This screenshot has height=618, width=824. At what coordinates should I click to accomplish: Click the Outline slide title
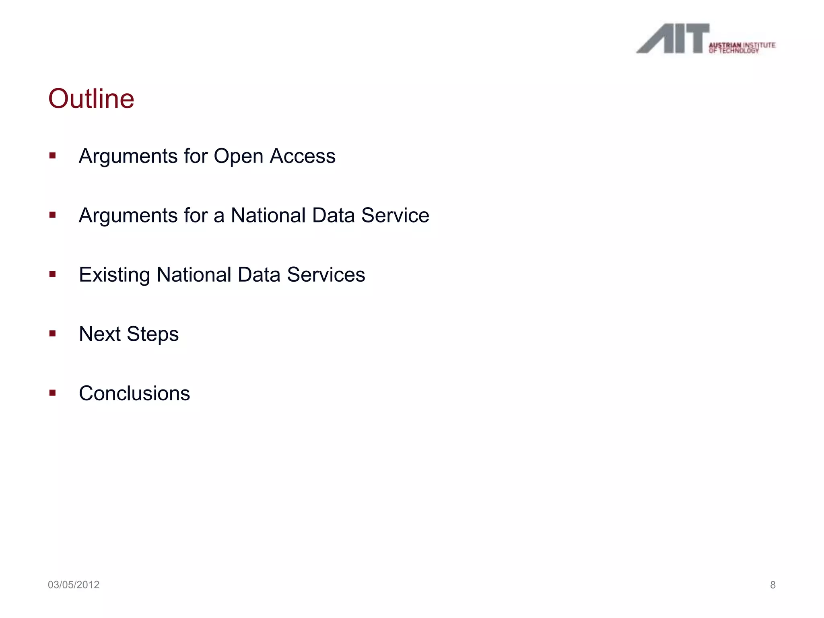[x=91, y=99]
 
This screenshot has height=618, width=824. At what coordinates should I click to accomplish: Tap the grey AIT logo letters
[x=672, y=39]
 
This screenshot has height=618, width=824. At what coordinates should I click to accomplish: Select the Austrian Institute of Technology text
[x=742, y=47]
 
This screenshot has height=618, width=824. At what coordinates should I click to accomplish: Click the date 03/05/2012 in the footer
[x=74, y=585]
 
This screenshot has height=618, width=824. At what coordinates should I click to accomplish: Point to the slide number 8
[x=772, y=585]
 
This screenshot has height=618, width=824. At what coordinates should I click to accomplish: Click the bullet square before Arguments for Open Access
[x=52, y=155]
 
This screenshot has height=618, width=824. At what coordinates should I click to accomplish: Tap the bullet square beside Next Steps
[x=52, y=333]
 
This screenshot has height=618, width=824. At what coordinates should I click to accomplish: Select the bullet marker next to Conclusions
[x=52, y=392]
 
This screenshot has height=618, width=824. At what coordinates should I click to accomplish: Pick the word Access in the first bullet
[x=303, y=156]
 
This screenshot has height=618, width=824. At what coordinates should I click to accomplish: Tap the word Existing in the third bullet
[x=114, y=275]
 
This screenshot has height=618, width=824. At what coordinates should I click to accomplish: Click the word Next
[x=100, y=334]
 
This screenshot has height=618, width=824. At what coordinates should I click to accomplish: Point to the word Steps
[x=152, y=334]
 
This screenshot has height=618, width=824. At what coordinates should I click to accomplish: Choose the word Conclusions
[x=134, y=393]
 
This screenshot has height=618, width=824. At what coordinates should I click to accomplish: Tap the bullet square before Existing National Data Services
[x=52, y=274]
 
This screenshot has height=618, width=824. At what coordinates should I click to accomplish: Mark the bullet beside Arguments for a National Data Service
[x=52, y=215]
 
